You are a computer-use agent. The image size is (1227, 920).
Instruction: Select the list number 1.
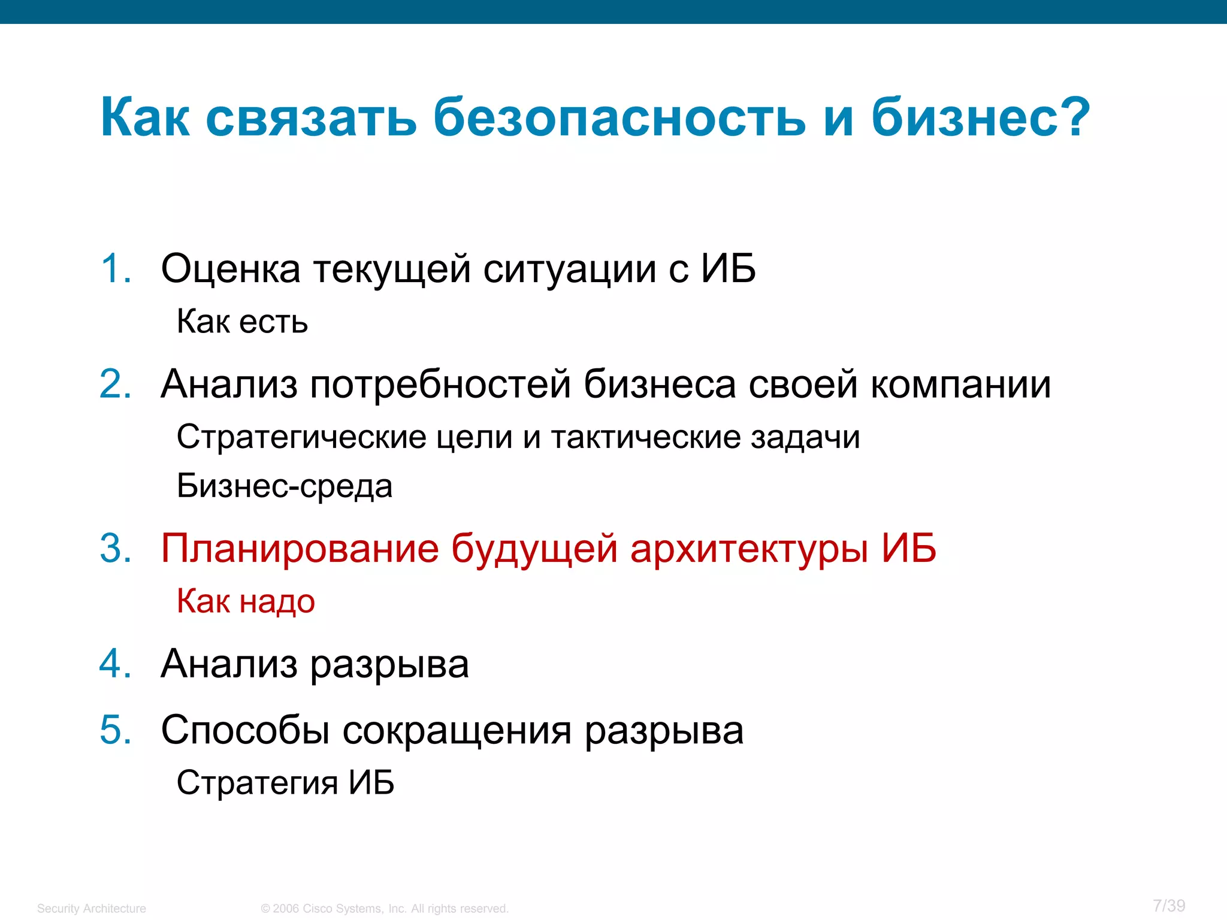(115, 268)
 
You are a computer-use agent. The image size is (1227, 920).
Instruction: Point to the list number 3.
(115, 548)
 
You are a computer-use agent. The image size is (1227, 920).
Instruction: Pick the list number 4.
(115, 664)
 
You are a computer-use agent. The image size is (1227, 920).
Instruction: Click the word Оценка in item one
(231, 268)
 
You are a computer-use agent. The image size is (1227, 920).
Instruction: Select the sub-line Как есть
(242, 322)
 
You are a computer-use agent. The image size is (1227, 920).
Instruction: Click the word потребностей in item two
(440, 385)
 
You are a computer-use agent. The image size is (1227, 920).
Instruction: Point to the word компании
(960, 385)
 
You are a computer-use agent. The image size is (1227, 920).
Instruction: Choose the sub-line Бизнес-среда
(285, 486)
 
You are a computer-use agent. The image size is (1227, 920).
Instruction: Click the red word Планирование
(300, 549)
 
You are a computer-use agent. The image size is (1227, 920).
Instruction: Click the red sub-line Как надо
(246, 601)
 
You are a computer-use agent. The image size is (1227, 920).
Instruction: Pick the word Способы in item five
(245, 731)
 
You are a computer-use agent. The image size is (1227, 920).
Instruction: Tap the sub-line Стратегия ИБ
(285, 782)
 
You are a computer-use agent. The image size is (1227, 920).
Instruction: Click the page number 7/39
(1169, 906)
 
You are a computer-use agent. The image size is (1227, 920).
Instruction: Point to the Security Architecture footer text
(92, 909)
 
